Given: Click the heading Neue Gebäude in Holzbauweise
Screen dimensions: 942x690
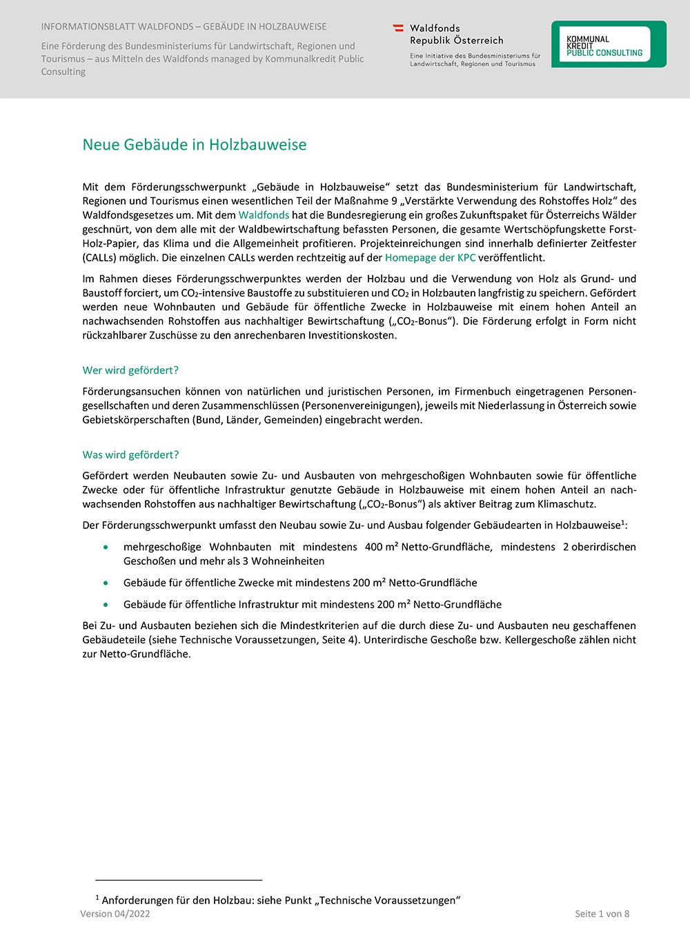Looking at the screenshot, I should [x=194, y=145].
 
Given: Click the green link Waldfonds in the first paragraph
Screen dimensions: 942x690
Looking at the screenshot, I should [x=264, y=215].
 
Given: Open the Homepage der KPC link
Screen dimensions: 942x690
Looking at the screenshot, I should [x=430, y=258].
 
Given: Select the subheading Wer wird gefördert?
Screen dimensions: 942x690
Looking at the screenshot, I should [x=130, y=370].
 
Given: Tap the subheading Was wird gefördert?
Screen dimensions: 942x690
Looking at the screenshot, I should [x=130, y=455].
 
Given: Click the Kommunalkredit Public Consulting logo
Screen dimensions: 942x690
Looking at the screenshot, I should [x=608, y=45].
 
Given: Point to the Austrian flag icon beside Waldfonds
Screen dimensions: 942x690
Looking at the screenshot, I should [x=398, y=28].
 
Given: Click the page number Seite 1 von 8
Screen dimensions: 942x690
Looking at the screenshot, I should [x=602, y=914].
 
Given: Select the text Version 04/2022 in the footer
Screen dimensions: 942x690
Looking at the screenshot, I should [x=115, y=914].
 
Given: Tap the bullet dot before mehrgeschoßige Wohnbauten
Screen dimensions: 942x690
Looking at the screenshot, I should [x=106, y=547].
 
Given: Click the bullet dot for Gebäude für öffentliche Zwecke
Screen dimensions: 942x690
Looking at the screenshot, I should [x=106, y=583].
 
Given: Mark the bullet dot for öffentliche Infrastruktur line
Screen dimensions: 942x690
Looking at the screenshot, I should [x=106, y=605].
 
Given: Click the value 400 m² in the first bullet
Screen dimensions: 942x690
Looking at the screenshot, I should [x=382, y=547].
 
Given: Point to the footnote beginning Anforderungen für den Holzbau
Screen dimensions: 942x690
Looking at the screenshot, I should [x=278, y=900].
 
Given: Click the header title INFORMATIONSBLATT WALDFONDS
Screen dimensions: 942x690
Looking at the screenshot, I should [x=184, y=27].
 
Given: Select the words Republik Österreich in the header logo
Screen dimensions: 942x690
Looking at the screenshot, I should [x=456, y=41].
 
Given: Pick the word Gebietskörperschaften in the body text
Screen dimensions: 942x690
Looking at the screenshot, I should [x=136, y=420].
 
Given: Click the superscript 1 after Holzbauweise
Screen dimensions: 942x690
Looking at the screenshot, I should [x=623, y=523].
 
